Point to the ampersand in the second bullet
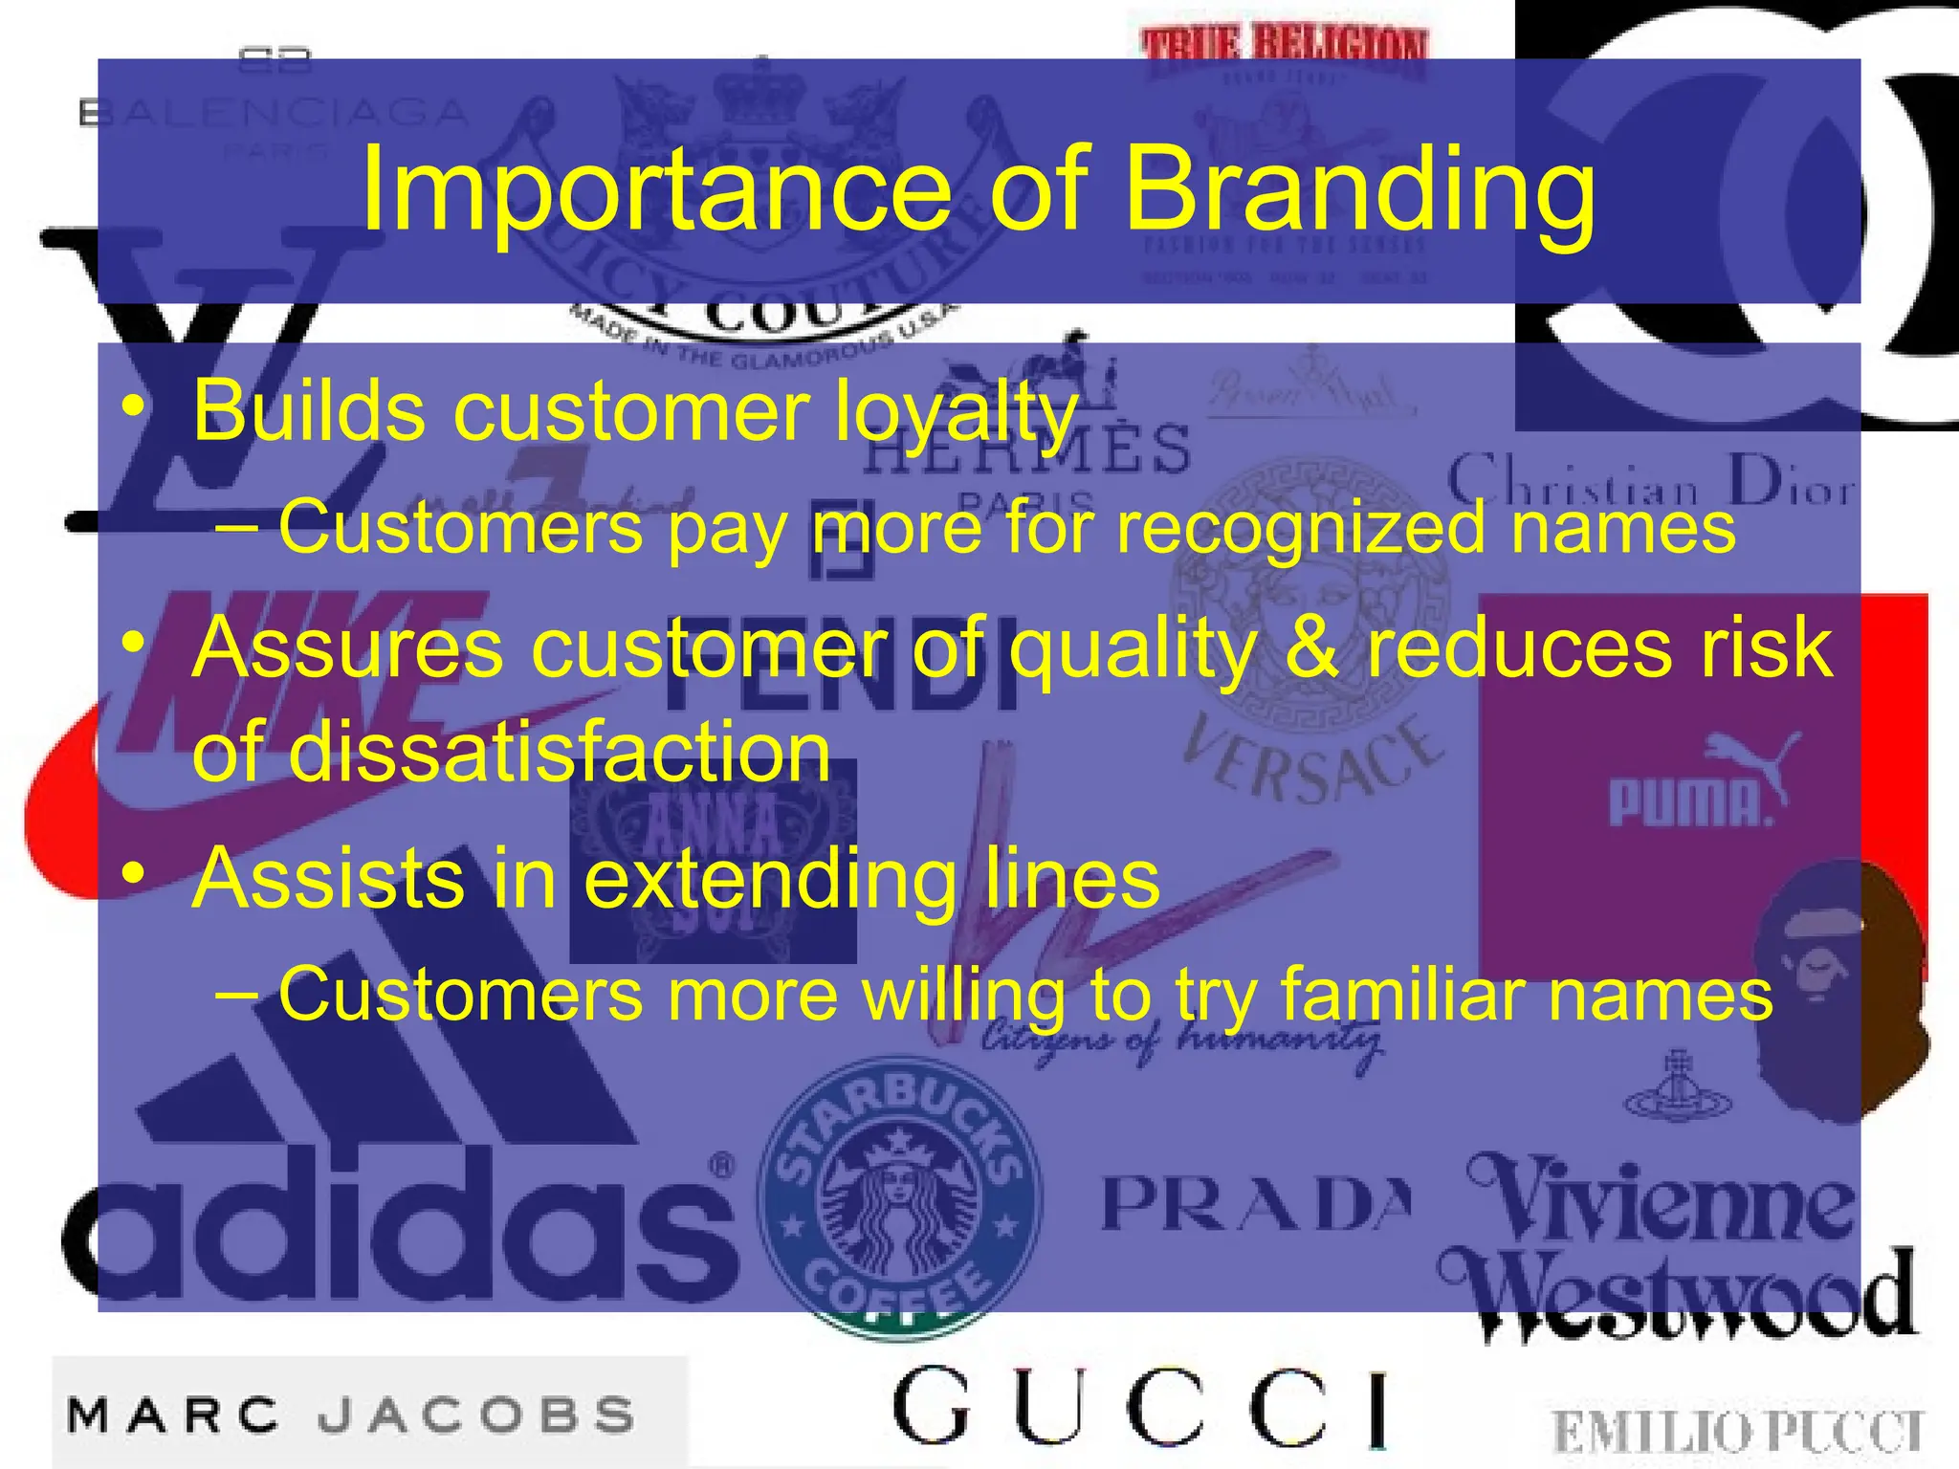click(x=1310, y=648)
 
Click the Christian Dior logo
click(x=1650, y=483)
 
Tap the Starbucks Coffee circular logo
click(x=899, y=1195)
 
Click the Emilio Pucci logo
click(x=1736, y=1432)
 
